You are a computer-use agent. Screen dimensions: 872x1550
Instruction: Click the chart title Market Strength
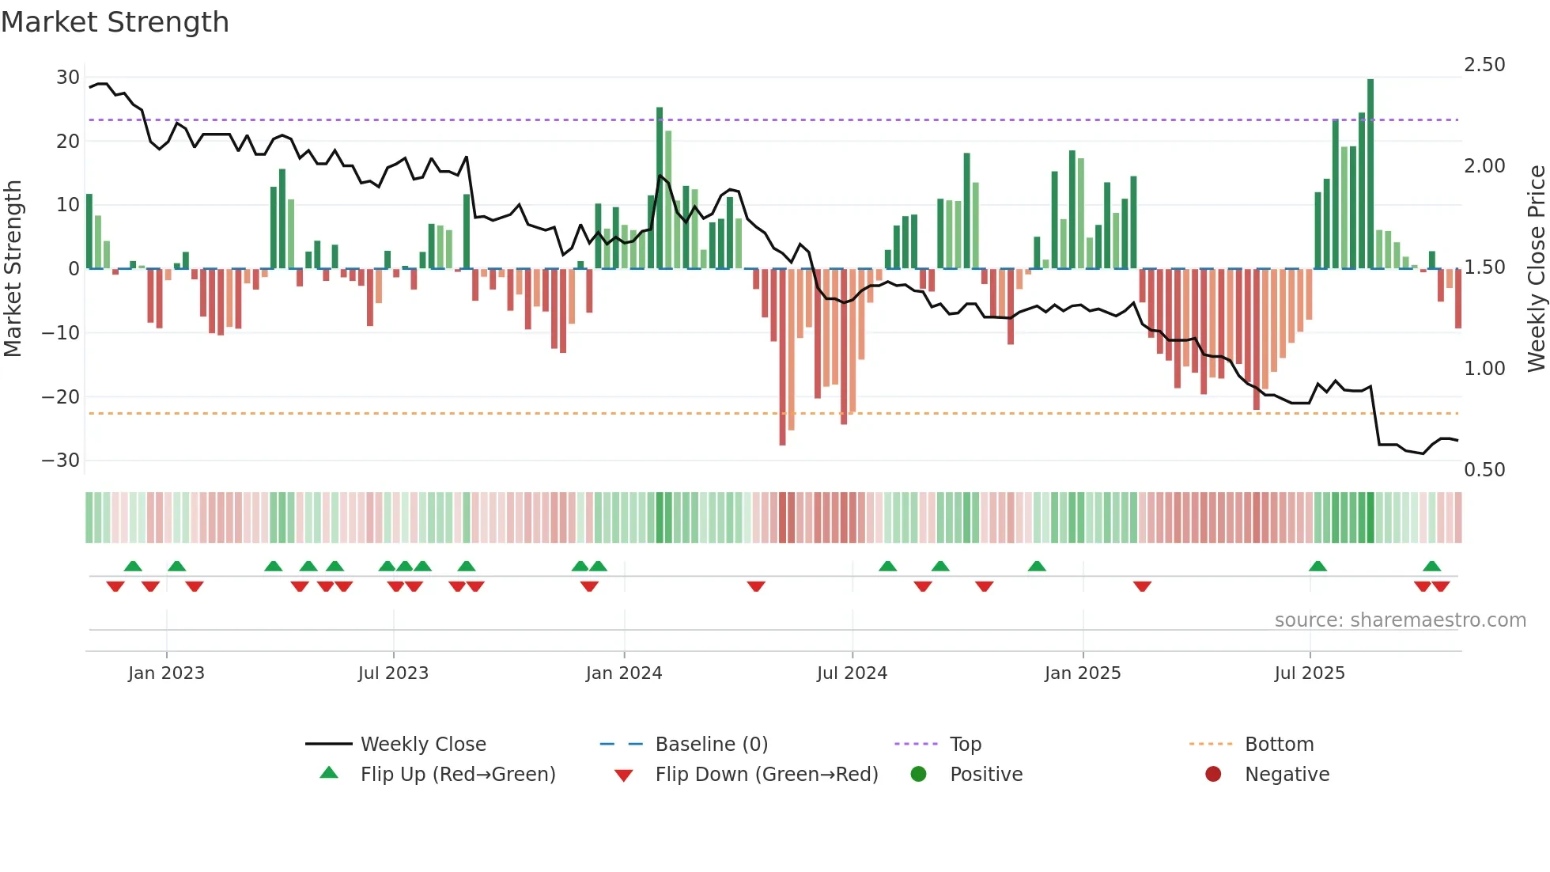115,22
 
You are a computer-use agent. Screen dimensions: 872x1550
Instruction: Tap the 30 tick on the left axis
68,78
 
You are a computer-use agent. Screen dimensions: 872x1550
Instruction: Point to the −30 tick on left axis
62,461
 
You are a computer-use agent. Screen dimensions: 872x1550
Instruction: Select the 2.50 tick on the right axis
1484,65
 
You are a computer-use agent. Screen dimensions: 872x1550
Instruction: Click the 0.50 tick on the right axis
1484,470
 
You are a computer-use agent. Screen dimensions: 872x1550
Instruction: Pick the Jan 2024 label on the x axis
624,673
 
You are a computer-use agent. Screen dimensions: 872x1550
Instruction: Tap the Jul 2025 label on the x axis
1310,673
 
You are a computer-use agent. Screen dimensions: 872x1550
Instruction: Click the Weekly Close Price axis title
1536,269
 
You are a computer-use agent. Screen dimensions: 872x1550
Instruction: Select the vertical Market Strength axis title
13,269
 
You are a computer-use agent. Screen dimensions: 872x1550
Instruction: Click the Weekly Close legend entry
423,745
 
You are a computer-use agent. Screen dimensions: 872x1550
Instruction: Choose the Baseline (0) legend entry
711,745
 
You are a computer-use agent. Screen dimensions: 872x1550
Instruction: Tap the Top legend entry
966,745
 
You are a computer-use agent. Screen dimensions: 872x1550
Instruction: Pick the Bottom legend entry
1279,745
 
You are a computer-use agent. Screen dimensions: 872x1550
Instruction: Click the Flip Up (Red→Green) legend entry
457,775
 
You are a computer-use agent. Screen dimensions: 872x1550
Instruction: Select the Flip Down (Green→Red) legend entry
766,775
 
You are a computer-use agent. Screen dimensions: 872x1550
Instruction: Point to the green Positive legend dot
918,775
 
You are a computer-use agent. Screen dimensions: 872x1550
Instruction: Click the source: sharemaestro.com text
1400,620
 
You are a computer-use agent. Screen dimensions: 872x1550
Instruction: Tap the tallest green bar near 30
1370,174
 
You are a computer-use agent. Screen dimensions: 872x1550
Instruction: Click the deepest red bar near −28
782,356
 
